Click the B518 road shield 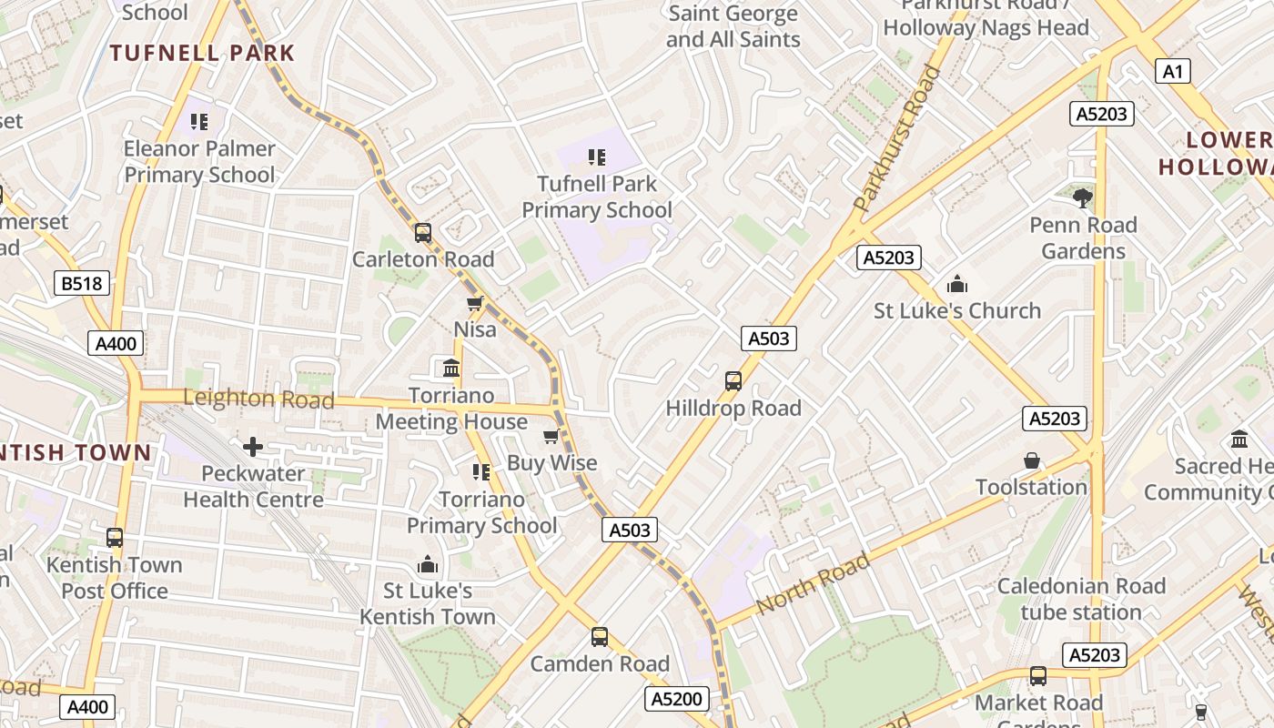click(82, 284)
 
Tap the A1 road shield click(1173, 71)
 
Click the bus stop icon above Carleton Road click(423, 233)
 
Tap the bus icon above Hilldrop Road click(733, 381)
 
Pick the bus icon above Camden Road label click(599, 637)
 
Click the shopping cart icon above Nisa click(474, 303)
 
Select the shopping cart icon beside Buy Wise click(551, 437)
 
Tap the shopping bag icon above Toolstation click(1031, 460)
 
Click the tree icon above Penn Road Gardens click(1082, 197)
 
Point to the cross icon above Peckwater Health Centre click(253, 447)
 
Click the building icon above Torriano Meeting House click(450, 369)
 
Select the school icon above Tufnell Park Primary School click(596, 157)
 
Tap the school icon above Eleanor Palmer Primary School click(199, 122)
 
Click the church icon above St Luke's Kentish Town click(427, 565)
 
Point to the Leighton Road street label click(258, 399)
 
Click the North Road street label click(813, 583)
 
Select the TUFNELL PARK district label click(202, 53)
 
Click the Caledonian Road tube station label click(1081, 599)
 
